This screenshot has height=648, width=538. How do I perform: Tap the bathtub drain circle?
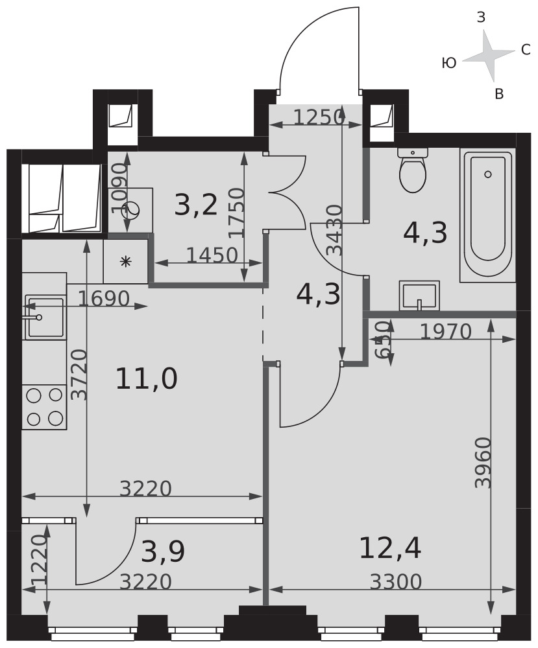[488, 174]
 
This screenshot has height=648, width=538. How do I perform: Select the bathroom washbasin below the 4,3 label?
[419, 295]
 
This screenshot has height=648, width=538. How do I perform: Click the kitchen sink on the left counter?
[44, 317]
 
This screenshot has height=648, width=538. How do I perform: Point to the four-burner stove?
[44, 407]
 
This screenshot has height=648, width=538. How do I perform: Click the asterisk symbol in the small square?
[126, 261]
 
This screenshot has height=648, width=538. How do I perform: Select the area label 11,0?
[147, 379]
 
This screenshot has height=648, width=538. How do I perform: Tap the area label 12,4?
[390, 548]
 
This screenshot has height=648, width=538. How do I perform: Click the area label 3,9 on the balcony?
[163, 552]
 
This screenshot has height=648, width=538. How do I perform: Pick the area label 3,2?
[196, 205]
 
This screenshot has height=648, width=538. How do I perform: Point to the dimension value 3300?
[396, 582]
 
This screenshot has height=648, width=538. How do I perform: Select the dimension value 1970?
[446, 331]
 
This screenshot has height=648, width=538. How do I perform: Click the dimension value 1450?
[212, 255]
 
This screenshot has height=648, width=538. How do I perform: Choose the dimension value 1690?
[104, 298]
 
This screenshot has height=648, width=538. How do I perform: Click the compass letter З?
[481, 17]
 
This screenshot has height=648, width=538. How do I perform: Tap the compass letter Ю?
[449, 64]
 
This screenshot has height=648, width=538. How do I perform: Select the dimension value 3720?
[79, 375]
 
